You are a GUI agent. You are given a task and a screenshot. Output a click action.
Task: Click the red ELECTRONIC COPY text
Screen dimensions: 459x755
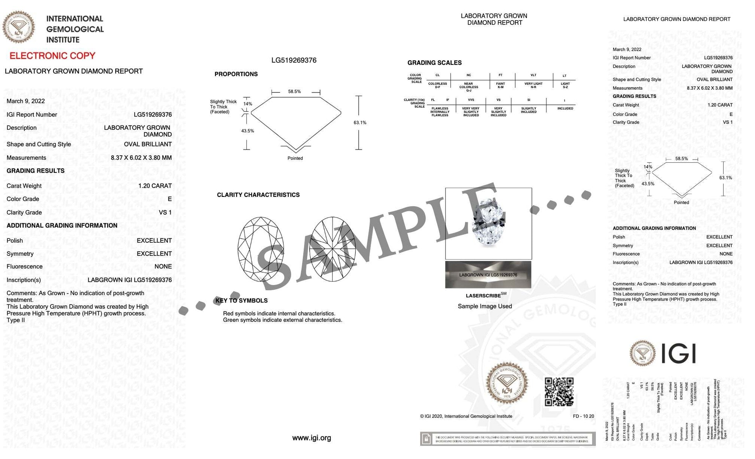[x=52, y=56]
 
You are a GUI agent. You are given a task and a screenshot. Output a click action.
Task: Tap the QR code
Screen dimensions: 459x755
[x=559, y=391]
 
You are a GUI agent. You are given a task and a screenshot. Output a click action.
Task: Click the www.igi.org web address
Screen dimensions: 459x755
[x=312, y=438]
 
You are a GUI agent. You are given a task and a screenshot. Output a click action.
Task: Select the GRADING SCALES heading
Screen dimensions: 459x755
[x=434, y=63]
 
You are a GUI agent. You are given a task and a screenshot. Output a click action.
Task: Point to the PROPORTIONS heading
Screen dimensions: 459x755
[x=236, y=74]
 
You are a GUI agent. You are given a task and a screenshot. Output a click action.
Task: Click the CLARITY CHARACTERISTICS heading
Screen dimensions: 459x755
[x=258, y=195]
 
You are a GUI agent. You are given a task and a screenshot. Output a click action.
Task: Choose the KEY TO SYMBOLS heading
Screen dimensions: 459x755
[x=241, y=301]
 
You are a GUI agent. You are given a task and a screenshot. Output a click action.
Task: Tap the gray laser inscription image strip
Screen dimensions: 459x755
[x=488, y=275]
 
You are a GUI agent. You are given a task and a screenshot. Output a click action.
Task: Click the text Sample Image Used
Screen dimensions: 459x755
[x=485, y=306]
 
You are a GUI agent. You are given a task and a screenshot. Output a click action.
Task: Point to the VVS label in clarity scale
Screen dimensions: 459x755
[x=471, y=100]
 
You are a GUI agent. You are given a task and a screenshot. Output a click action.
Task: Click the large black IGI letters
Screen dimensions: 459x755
[x=678, y=353]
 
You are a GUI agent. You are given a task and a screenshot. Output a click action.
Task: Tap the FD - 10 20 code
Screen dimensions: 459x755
[x=583, y=416]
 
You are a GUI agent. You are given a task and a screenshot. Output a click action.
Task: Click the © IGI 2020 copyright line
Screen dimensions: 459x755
[x=466, y=416]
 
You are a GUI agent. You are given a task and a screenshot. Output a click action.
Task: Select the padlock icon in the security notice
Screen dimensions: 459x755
[x=426, y=439]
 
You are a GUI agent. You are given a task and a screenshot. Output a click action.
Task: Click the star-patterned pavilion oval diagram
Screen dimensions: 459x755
[x=332, y=249]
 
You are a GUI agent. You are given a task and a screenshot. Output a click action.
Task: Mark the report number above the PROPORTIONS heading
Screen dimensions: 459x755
[x=294, y=61]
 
